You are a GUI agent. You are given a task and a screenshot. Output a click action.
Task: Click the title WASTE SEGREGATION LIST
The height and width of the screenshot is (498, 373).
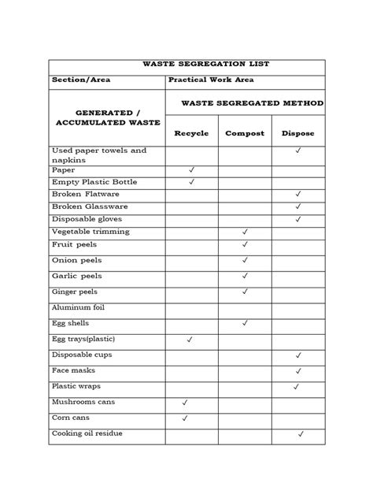186,64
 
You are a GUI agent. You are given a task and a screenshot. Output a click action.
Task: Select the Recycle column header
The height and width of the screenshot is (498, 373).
191,133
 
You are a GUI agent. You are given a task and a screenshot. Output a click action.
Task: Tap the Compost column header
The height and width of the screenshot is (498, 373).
245,133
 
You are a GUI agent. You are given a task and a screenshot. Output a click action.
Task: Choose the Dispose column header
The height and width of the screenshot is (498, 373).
297,133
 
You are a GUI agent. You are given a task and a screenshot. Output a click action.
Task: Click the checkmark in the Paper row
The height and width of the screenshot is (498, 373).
191,170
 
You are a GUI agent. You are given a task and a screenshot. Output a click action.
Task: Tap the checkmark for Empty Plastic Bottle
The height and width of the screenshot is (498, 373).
191,182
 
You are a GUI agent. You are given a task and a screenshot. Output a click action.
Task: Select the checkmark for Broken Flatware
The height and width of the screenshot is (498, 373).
297,194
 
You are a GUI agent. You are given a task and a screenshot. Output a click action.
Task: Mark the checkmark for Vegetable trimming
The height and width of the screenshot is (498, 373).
245,232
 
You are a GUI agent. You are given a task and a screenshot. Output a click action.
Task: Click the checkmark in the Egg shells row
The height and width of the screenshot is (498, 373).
245,323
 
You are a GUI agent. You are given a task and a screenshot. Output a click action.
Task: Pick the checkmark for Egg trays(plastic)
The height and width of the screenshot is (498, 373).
190,340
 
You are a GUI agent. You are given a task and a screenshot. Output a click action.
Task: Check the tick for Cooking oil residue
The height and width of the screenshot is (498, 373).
301,434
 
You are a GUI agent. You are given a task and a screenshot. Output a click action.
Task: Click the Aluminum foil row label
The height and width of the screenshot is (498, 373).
78,307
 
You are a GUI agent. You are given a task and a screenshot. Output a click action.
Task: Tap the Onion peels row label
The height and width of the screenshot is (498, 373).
76,260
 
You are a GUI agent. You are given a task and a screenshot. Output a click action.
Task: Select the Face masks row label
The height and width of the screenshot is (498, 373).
72,370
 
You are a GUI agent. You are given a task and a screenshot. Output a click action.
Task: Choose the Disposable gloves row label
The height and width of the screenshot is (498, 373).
86,218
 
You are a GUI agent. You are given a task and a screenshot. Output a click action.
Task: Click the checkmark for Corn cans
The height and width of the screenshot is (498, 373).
184,418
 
